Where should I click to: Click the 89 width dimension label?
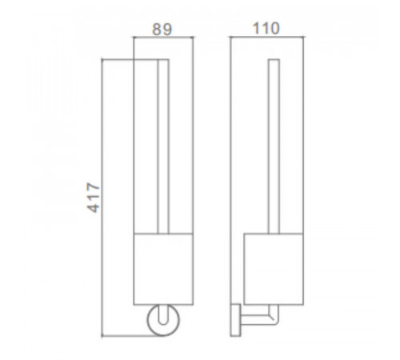(162, 30)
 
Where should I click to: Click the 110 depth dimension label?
(266, 28)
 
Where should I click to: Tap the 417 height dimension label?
(94, 198)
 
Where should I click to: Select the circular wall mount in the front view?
(163, 320)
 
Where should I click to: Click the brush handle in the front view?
(163, 146)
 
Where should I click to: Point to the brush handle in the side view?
(274, 146)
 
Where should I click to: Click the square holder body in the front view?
(163, 269)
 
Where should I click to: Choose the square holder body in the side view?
(274, 269)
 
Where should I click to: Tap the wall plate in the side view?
(235, 320)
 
